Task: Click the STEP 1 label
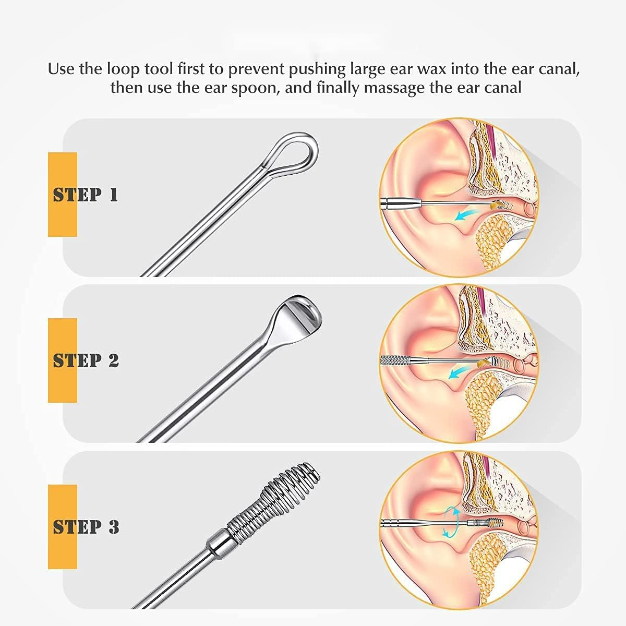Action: tap(86, 195)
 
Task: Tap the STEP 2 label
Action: tap(86, 360)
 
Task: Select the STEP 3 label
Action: tap(86, 527)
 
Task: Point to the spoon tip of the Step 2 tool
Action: tap(298, 315)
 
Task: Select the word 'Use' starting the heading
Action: tap(61, 69)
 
